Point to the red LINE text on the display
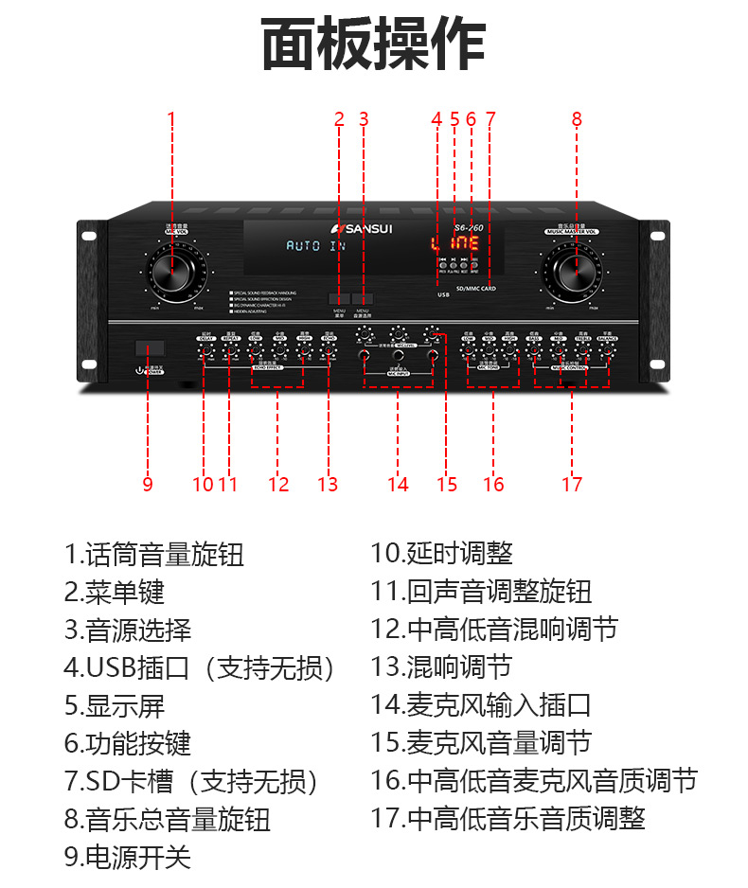455,244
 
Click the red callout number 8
576,119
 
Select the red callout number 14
398,485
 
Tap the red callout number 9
148,485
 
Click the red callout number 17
572,485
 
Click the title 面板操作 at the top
373,44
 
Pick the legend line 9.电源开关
128,858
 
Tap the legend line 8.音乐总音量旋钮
168,819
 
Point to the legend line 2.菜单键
115,592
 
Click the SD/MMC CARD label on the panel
475,288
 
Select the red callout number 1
171,119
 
